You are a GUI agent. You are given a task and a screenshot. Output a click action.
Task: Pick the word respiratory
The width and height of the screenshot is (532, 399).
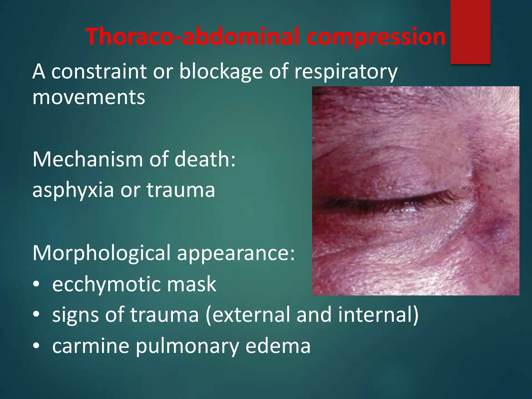click(x=346, y=72)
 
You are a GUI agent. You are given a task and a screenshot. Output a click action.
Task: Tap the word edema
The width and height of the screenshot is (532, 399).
click(x=278, y=346)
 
